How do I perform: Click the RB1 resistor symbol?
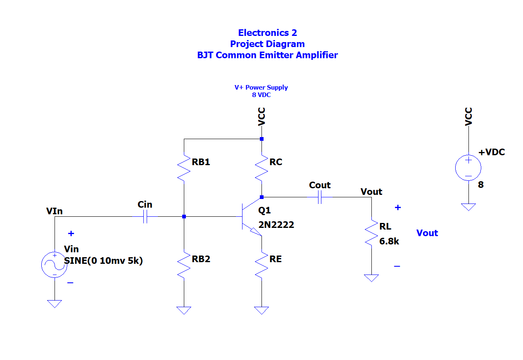point(184,167)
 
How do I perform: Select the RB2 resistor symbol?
point(184,264)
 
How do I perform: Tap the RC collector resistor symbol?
point(261,167)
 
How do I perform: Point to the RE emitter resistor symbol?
point(261,264)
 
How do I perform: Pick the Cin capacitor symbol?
point(145,216)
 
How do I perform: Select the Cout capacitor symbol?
point(320,197)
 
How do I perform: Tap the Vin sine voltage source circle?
point(54,265)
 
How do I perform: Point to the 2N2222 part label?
point(276,225)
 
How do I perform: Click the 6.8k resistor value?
point(389,242)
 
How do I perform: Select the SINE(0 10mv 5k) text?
point(103,261)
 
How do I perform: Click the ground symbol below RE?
point(261,310)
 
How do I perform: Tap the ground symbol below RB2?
point(184,310)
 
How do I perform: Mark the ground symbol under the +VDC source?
point(468,206)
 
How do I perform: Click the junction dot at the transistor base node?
point(184,216)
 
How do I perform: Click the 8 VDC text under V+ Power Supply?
point(261,95)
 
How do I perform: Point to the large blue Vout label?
point(427,233)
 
